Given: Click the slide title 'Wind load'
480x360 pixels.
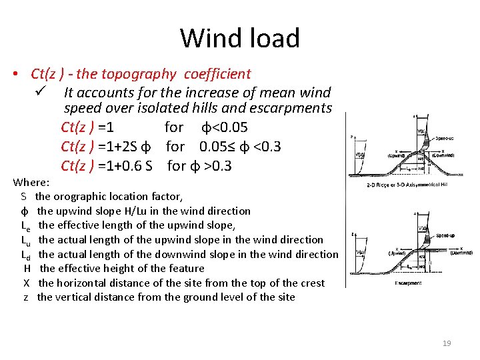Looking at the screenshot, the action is pos(240,38).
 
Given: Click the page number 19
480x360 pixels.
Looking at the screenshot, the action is pos(447,343).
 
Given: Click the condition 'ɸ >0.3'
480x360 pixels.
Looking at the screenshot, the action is pos(211,165).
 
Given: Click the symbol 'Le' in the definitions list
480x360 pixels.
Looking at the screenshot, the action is pos(25,226).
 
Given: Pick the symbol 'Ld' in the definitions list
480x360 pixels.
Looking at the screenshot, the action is pos(25,255).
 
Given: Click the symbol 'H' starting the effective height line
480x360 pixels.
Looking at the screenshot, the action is pos(27,268).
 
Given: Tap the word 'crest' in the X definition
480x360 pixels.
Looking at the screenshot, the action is pos(310,283).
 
